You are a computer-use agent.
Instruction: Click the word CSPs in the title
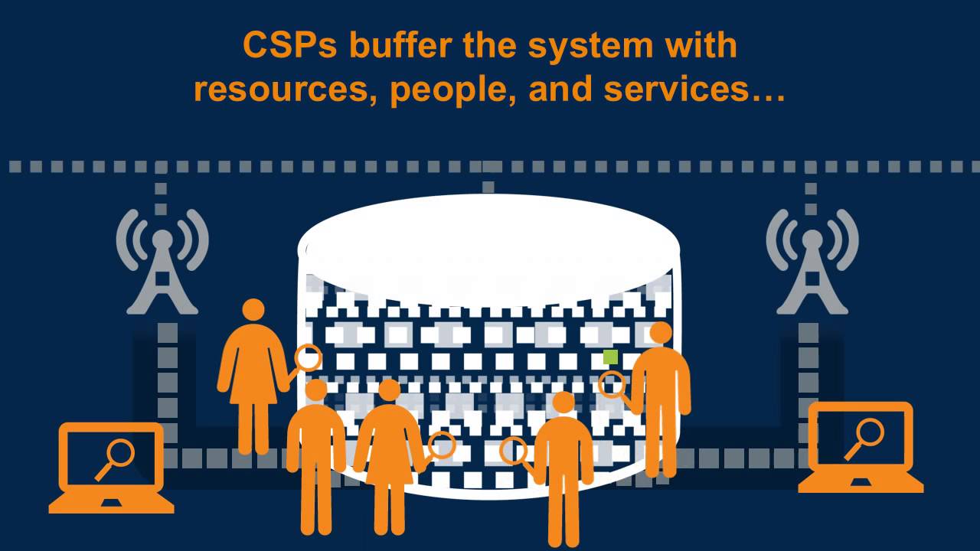pos(289,45)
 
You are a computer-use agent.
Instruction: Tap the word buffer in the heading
pos(401,44)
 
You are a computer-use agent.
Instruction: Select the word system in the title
pos(590,48)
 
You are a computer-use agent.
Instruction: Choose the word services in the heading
pos(676,90)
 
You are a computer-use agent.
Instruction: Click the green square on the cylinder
pos(610,357)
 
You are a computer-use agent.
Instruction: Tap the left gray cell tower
pos(162,262)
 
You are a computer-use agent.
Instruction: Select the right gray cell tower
pos(812,262)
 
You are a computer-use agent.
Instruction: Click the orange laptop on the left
pos(111,468)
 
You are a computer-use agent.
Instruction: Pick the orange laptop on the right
pos(861,447)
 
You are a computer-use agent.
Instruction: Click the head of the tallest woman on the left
pos(253,309)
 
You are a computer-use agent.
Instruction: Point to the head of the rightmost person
pos(661,333)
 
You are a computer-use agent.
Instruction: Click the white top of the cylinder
pos(489,249)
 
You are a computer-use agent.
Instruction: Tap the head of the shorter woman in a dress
pos(390,390)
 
